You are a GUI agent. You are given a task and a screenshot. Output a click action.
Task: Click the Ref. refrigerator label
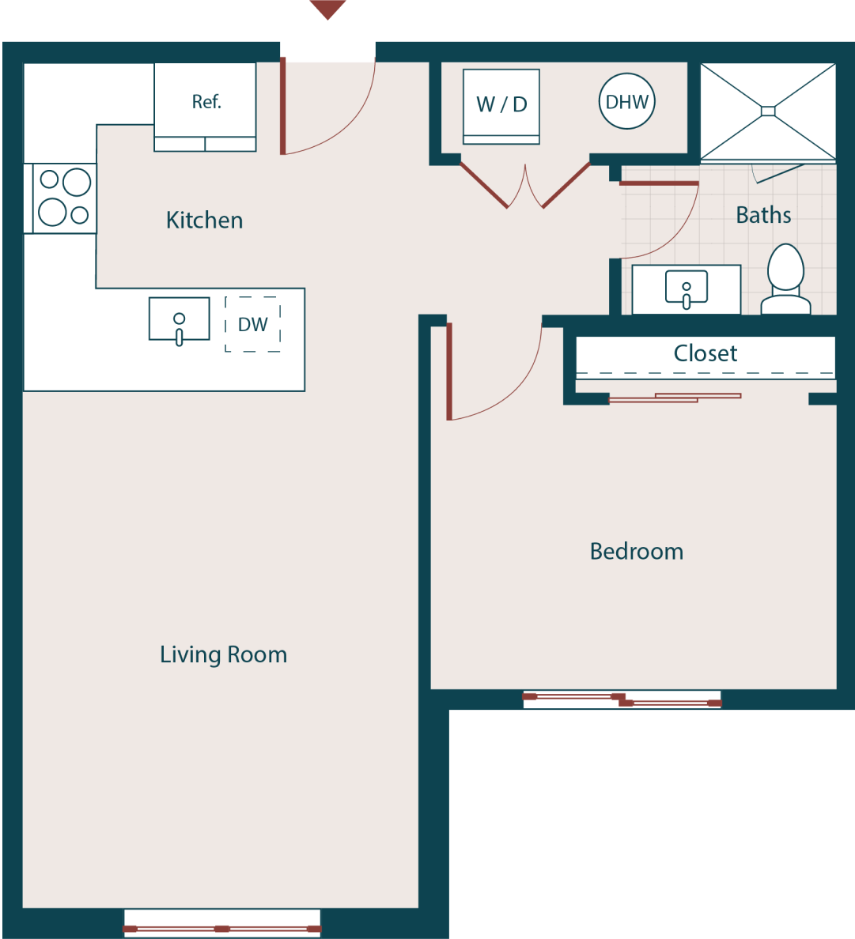click(206, 102)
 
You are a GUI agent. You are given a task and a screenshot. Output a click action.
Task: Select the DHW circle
click(626, 101)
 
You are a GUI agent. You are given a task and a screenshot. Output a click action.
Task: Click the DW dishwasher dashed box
click(253, 324)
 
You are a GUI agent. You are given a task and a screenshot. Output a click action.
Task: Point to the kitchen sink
click(180, 320)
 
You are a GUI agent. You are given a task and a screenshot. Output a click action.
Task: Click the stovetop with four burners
click(64, 198)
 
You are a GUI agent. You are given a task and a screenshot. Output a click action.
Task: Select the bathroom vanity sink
click(686, 289)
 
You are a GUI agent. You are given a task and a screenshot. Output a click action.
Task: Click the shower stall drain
click(768, 111)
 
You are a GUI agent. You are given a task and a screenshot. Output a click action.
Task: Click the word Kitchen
click(204, 221)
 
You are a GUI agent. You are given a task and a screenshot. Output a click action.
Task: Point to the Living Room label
click(223, 654)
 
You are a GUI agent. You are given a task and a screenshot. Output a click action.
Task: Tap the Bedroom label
click(636, 552)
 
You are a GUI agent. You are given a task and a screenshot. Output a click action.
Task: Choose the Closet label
click(705, 353)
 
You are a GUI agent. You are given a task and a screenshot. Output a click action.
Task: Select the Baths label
click(763, 215)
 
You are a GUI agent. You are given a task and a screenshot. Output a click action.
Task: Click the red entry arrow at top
click(327, 9)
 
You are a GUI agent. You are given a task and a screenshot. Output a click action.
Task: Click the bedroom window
click(622, 700)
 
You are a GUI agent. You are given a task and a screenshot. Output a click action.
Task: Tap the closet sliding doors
click(675, 398)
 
